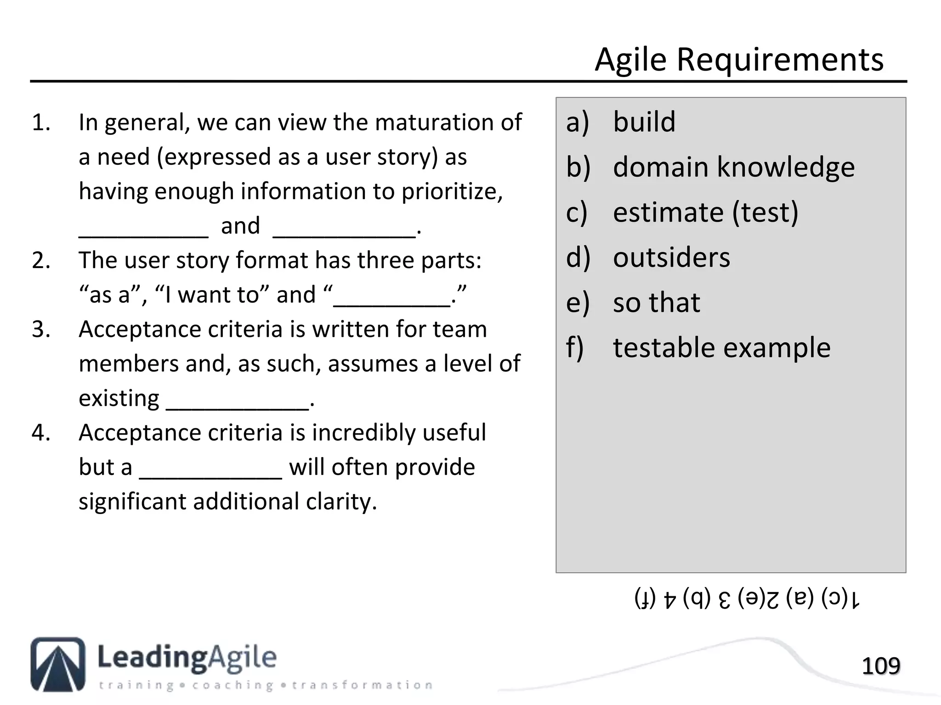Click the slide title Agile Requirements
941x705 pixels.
click(739, 60)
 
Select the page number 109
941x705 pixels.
click(880, 666)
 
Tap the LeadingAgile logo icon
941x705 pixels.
click(58, 664)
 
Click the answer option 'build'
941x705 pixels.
click(644, 122)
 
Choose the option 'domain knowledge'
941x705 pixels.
click(733, 167)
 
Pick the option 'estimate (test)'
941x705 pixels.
click(705, 213)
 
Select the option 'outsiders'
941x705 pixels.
click(671, 257)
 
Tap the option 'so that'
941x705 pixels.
click(657, 302)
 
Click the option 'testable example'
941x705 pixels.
click(721, 347)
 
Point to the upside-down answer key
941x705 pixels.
click(747, 599)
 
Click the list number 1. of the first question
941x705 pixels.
click(41, 123)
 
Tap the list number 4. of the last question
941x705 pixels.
click(41, 433)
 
